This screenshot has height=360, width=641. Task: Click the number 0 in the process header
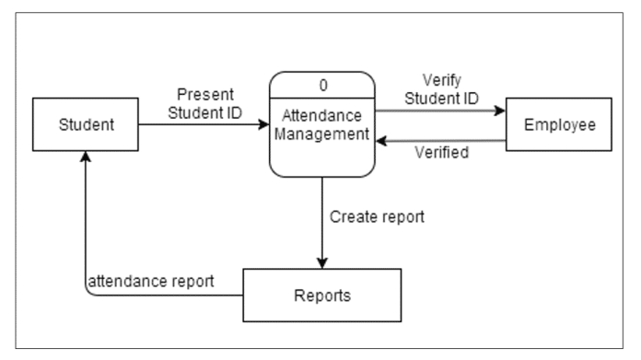point(323,85)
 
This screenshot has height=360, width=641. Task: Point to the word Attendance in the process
point(323,119)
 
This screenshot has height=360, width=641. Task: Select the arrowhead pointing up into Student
point(86,159)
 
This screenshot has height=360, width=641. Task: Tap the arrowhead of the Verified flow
point(383,142)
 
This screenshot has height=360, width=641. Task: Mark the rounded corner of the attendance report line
point(88,293)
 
